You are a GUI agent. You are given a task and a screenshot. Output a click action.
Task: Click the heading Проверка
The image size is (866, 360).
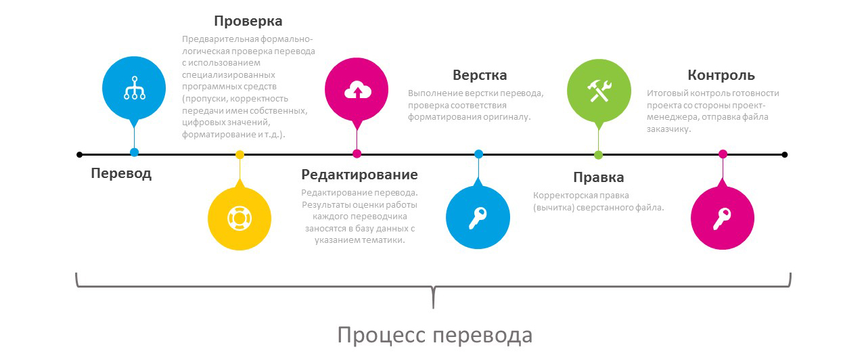pyautogui.click(x=248, y=22)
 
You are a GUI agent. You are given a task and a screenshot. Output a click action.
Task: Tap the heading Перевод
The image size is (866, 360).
pyautogui.click(x=121, y=174)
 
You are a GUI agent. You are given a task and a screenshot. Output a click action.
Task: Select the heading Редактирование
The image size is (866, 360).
pyautogui.click(x=359, y=175)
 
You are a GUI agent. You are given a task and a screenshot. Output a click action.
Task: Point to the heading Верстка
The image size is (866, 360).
pyautogui.click(x=480, y=75)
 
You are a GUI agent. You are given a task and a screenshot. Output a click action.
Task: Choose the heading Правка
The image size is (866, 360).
pyautogui.click(x=599, y=177)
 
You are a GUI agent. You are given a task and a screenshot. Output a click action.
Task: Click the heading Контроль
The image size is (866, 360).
pyautogui.click(x=721, y=75)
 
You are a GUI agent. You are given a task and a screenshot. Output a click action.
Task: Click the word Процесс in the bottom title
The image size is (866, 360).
pyautogui.click(x=382, y=336)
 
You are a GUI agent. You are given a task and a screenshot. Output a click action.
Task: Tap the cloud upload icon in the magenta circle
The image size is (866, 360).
pyautogui.click(x=358, y=90)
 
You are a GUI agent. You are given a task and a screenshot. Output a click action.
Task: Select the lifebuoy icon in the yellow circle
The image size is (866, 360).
pyautogui.click(x=240, y=219)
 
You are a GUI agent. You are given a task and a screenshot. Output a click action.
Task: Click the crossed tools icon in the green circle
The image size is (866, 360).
pyautogui.click(x=599, y=91)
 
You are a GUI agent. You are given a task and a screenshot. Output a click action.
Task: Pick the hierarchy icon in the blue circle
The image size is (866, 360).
pyautogui.click(x=134, y=88)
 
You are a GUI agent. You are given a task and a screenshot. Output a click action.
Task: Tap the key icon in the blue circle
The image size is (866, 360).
pyautogui.click(x=478, y=218)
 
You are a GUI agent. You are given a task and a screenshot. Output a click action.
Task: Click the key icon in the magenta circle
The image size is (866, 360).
pyautogui.click(x=722, y=219)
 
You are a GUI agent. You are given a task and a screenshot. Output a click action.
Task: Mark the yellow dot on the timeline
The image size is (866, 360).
pyautogui.click(x=240, y=155)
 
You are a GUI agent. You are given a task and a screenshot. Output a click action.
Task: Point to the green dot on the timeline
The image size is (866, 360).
pyautogui.click(x=599, y=155)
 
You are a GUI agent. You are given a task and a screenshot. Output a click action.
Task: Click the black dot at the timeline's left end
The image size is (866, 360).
pyautogui.click(x=80, y=155)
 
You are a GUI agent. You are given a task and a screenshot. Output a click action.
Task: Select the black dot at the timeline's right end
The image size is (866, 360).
pyautogui.click(x=784, y=155)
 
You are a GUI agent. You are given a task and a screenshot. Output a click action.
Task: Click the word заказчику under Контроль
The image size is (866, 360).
pyautogui.click(x=669, y=129)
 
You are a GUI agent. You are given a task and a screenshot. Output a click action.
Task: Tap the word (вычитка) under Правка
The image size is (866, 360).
pyautogui.click(x=553, y=208)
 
